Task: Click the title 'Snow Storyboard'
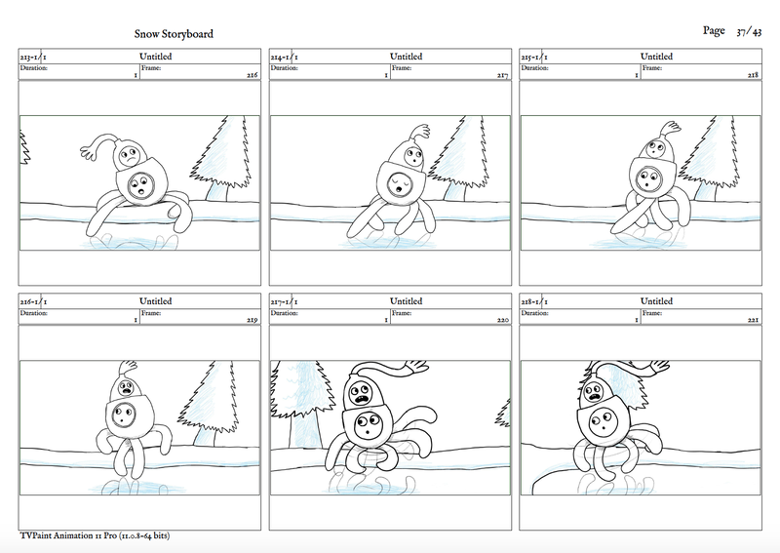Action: coord(174,34)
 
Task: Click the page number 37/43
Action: coord(749,32)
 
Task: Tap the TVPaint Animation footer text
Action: coord(95,535)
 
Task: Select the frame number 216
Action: coord(253,75)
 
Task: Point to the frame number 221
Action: coord(753,320)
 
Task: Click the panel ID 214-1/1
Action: coord(285,57)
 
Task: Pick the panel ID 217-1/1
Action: coord(285,301)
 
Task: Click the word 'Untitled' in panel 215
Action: coord(656,57)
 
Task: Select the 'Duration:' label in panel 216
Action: coord(34,313)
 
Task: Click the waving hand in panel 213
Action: coord(89,150)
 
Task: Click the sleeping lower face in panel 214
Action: coord(402,183)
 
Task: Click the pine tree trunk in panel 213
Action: coord(218,191)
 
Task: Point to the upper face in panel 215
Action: coord(655,147)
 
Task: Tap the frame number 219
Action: coord(253,320)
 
